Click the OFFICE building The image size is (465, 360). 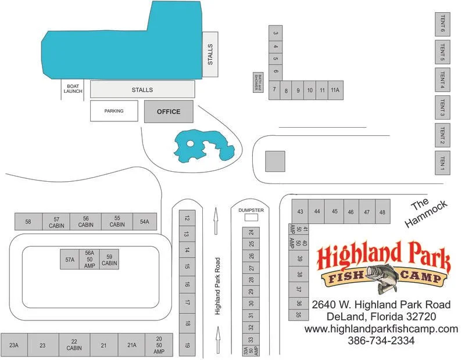[x=169, y=111]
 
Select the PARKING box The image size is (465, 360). [x=114, y=111]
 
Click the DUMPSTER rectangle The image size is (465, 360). [x=251, y=217]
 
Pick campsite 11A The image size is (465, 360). [x=335, y=91]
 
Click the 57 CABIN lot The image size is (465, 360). [x=56, y=222]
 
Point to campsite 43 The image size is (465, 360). [x=300, y=212]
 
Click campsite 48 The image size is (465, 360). [x=382, y=212]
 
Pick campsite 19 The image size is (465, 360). [x=187, y=345]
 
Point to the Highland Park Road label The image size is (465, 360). [x=217, y=286]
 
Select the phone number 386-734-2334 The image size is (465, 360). [x=381, y=341]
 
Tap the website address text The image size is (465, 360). [x=381, y=329]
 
